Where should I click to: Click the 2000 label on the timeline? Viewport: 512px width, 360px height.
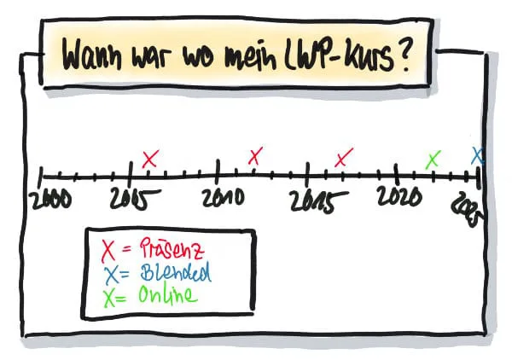50,200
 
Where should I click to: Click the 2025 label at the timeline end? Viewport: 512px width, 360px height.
470,207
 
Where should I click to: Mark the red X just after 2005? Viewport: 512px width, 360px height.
150,159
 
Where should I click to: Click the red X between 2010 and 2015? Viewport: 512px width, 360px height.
255,156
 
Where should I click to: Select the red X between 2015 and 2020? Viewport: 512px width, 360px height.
344,158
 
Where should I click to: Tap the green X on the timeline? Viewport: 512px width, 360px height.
433,159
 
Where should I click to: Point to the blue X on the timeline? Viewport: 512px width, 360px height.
478,156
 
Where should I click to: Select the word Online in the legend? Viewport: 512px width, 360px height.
167,295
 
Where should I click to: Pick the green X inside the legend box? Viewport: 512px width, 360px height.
109,297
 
